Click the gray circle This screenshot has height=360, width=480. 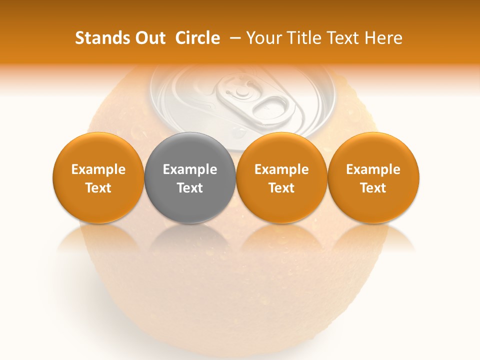coord(190,178)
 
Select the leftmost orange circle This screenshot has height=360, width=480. coord(98,178)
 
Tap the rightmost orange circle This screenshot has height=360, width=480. coord(373,178)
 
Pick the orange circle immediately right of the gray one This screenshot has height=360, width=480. coord(281,178)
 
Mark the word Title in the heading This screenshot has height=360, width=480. coord(305,38)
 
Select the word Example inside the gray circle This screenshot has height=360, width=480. coord(190,170)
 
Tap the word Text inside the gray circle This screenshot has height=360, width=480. coord(190,188)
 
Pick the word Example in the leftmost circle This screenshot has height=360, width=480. coord(98,170)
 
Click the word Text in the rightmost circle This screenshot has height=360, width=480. coord(373,188)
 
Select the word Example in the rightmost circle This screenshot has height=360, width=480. coord(373,170)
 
